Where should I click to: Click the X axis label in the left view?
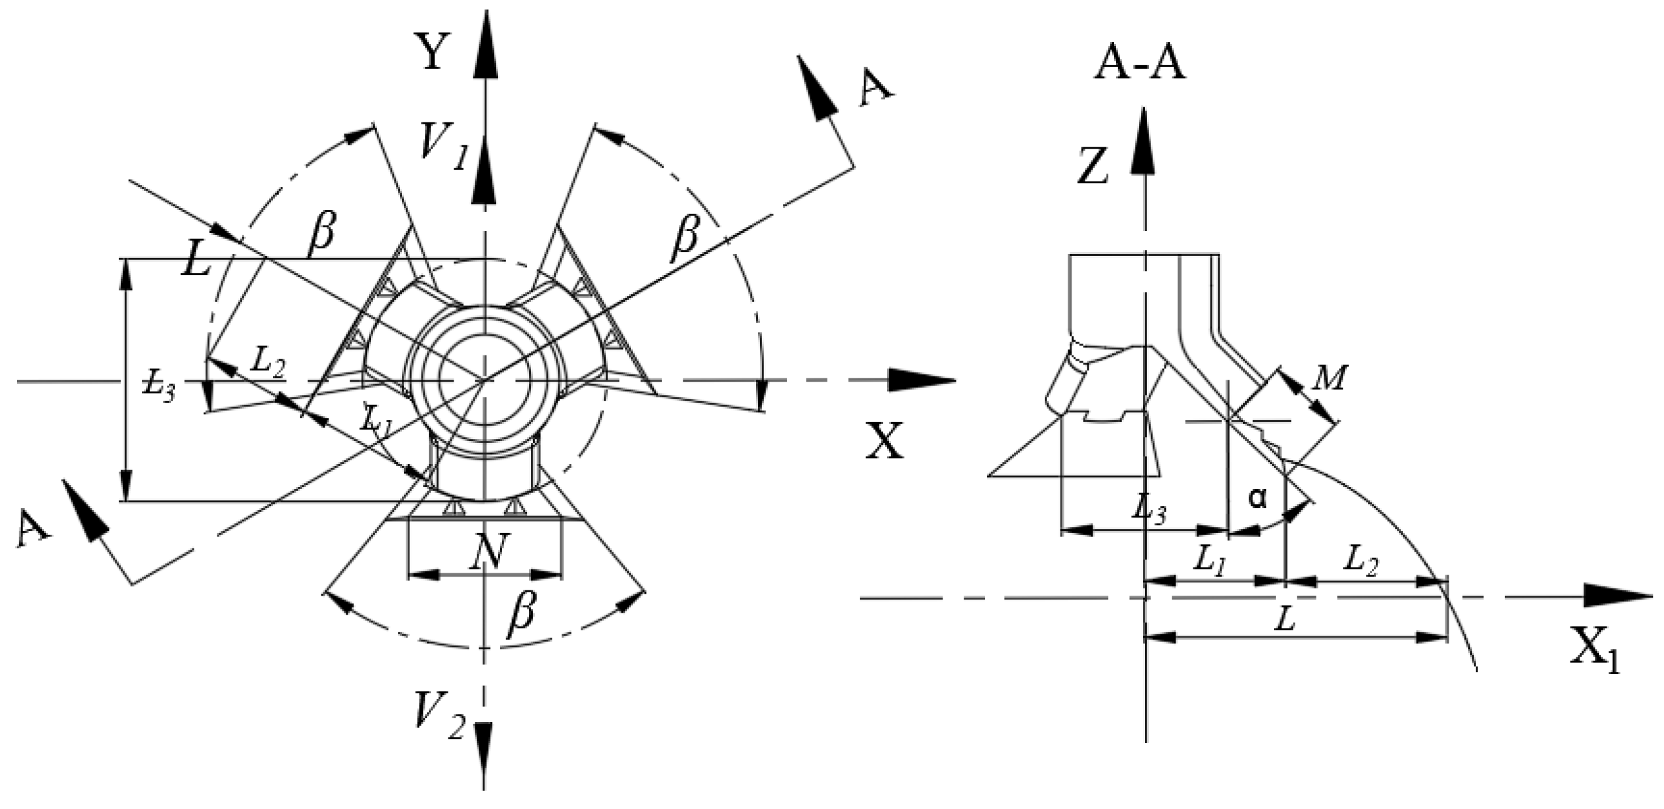click(884, 440)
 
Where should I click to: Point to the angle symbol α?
click(1257, 498)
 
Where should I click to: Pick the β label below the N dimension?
click(522, 616)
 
